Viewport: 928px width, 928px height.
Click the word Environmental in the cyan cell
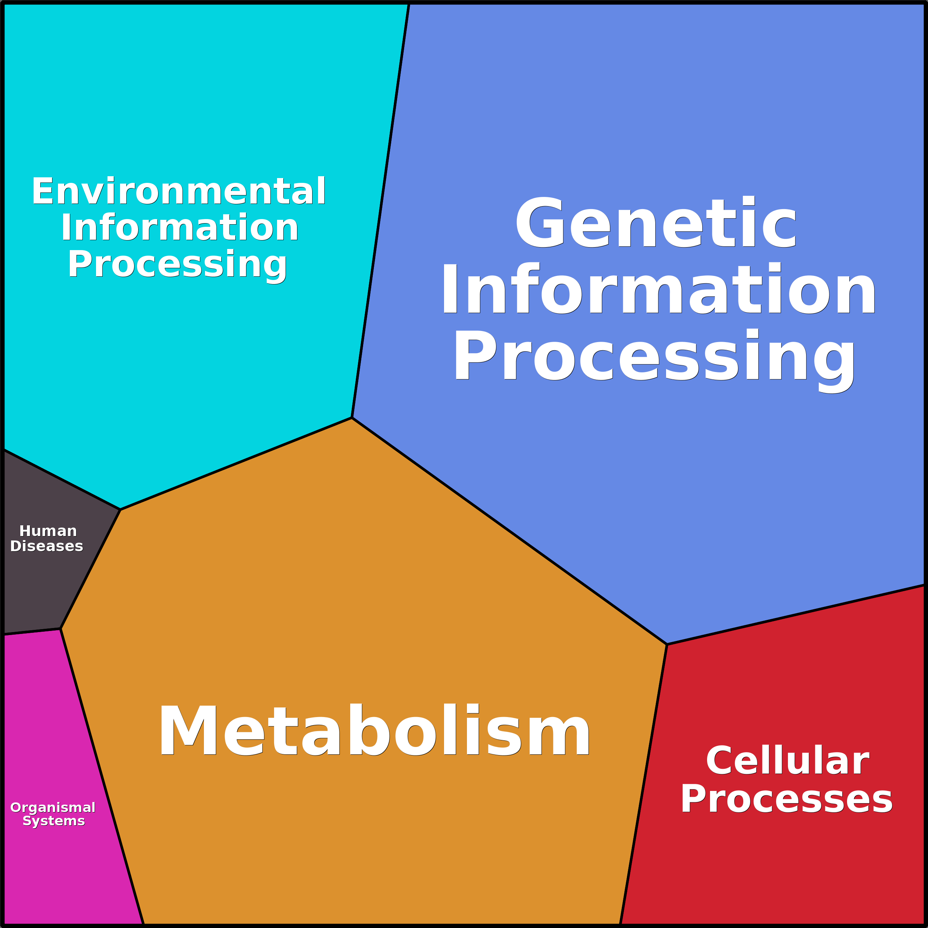click(179, 191)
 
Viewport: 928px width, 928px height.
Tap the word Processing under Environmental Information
click(177, 265)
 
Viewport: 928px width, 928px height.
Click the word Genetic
click(656, 224)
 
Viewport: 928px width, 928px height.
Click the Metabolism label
click(375, 731)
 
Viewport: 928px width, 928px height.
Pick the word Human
click(48, 531)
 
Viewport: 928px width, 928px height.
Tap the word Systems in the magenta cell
click(54, 821)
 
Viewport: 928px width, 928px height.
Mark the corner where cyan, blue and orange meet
click(352, 418)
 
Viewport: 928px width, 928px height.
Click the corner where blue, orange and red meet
click(667, 645)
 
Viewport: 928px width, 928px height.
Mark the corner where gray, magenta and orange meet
click(61, 629)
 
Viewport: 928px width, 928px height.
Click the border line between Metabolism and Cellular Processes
click(644, 783)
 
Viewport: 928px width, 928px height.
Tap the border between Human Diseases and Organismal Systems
click(32, 632)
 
